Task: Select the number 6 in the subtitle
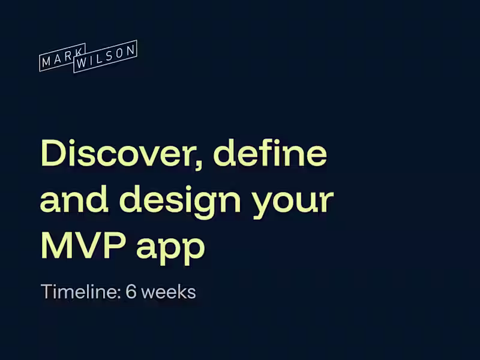pyautogui.click(x=131, y=292)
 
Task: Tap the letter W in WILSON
pyautogui.click(x=82, y=61)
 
